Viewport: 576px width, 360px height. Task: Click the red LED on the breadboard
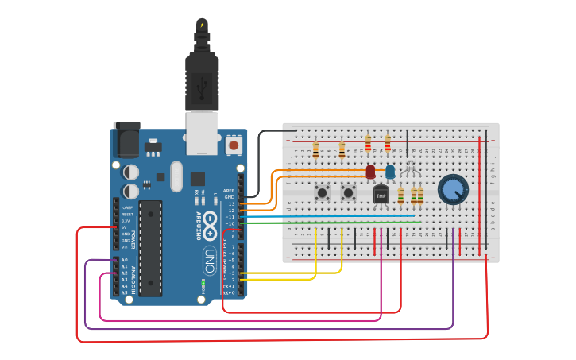tap(370, 171)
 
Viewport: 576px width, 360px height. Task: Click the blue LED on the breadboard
tap(390, 171)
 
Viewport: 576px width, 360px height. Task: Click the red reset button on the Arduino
tap(234, 145)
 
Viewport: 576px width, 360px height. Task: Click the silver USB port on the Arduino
tap(202, 131)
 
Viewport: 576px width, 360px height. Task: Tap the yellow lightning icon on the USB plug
tap(202, 25)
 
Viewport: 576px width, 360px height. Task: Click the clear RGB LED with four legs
tap(411, 168)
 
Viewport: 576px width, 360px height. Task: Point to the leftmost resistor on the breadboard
tap(315, 149)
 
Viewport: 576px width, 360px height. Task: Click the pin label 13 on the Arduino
tap(231, 204)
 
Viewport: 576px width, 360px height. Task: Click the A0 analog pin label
tap(124, 260)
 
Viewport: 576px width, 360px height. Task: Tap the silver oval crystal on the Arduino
tap(176, 176)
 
